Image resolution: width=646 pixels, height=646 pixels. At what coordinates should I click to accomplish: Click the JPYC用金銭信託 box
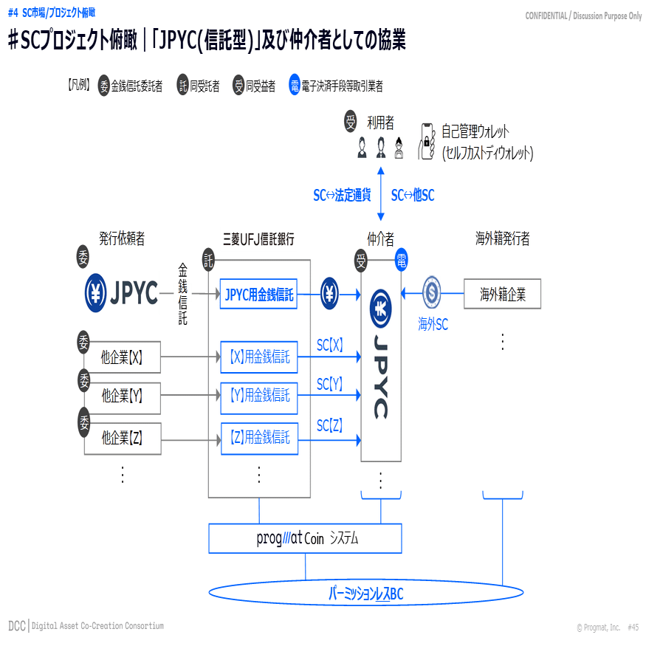tap(258, 294)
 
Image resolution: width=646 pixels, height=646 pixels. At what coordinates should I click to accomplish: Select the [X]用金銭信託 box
tap(258, 357)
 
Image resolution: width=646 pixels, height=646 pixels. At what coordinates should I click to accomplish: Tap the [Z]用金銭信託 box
tap(260, 439)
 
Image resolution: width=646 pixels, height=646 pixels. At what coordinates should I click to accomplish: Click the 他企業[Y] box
tap(123, 396)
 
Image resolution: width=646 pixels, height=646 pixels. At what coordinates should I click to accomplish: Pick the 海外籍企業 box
tap(502, 294)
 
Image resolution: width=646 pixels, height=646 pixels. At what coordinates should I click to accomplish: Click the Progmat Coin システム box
tap(305, 538)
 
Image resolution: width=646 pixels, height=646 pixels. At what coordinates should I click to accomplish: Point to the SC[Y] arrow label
tap(329, 384)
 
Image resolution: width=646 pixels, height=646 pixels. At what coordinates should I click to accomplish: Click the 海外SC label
tap(433, 324)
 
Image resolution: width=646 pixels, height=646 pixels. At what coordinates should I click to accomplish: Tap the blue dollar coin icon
tap(432, 292)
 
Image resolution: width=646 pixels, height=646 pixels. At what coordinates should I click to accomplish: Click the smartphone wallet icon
tap(427, 141)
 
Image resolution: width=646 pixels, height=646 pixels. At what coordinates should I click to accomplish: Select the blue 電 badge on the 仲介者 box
tap(401, 260)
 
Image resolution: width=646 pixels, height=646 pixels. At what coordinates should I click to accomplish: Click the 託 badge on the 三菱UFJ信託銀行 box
tap(208, 260)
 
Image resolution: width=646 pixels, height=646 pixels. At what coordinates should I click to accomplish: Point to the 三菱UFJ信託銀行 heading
tap(258, 239)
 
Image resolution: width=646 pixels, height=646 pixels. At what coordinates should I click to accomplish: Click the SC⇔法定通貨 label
tap(342, 195)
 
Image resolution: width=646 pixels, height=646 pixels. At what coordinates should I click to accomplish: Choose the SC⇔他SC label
tap(413, 195)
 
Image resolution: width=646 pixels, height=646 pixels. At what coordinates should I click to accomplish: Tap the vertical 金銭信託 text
tap(182, 294)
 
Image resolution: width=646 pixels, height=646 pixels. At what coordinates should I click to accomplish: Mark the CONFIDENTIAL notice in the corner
tap(583, 16)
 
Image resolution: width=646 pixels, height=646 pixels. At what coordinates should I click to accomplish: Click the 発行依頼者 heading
tap(122, 238)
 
